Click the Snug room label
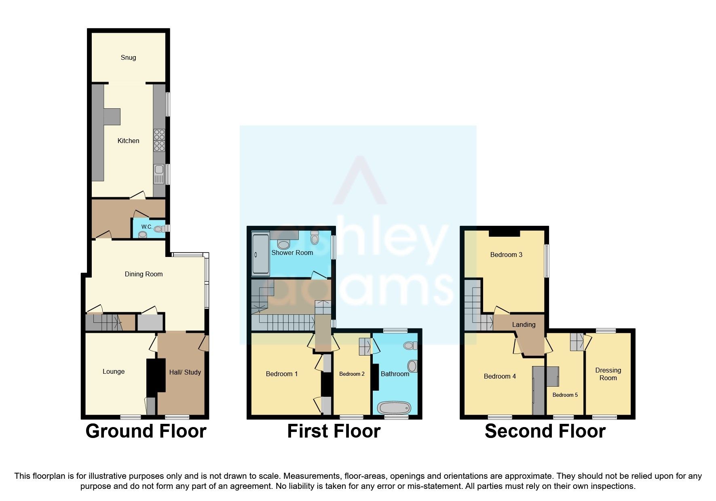pos(128,57)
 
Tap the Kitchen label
pos(128,141)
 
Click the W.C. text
pos(147,227)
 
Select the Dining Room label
pos(144,274)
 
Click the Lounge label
pos(114,371)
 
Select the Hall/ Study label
pos(185,372)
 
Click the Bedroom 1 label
pos(282,374)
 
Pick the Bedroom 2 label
pos(352,374)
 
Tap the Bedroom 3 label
pos(506,255)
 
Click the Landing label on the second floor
pos(524,324)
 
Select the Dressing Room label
pos(608,374)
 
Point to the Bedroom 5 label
pos(565,395)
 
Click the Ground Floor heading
pos(146,431)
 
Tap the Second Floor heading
pos(545,431)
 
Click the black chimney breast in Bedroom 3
pos(504,233)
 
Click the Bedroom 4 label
pos(500,376)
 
